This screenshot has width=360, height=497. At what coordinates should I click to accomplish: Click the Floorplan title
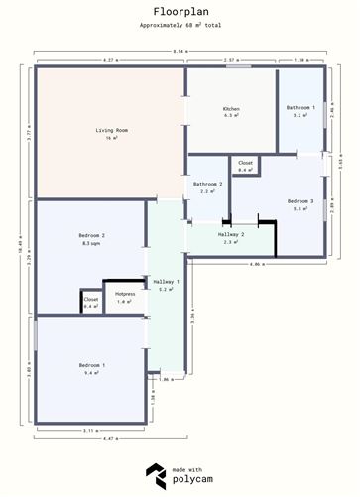(x=180, y=12)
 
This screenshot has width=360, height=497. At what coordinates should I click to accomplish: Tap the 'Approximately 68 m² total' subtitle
(x=180, y=25)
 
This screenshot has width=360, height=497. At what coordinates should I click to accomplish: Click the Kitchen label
(x=231, y=108)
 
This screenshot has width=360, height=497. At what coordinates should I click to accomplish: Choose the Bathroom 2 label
(x=207, y=184)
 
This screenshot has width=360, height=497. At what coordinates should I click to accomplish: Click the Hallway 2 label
(x=231, y=235)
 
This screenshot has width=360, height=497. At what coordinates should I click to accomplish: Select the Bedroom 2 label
(x=91, y=235)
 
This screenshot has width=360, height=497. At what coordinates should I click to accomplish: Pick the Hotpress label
(x=125, y=295)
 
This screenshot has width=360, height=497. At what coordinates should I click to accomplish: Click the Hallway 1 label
(x=166, y=283)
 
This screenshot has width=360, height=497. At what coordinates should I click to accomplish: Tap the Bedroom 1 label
(x=91, y=366)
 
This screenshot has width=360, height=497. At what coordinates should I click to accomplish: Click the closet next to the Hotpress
(x=91, y=300)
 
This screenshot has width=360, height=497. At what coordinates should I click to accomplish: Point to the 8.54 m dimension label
(x=179, y=51)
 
